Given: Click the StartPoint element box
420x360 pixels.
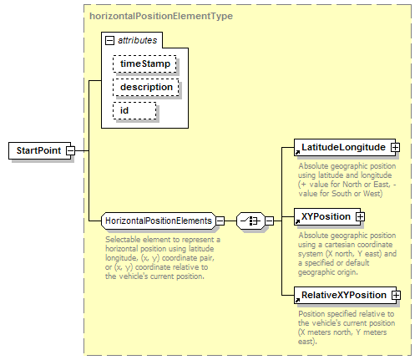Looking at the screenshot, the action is (x=39, y=150).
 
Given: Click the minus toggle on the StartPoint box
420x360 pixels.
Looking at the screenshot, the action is (x=70, y=150).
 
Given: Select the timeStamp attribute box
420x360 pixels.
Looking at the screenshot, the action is (x=144, y=64).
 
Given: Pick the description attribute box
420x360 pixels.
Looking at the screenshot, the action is (x=146, y=88).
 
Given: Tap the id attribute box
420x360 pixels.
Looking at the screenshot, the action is (x=134, y=111).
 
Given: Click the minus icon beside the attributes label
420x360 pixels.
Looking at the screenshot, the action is (x=109, y=41).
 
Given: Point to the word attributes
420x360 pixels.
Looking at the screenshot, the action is (x=138, y=40).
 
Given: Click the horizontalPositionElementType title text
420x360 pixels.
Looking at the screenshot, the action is (x=161, y=16).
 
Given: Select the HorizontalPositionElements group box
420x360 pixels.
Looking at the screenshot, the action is (x=159, y=221).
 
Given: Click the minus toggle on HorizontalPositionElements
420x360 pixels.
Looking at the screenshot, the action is (x=220, y=221).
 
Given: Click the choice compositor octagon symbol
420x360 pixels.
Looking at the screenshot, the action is (x=250, y=221).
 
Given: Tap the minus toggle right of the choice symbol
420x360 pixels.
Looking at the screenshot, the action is (x=270, y=221).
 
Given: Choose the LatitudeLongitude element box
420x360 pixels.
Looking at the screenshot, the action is (x=345, y=147).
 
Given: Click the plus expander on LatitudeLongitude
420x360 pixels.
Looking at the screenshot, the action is (x=395, y=147).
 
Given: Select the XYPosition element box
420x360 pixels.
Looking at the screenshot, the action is (x=327, y=216).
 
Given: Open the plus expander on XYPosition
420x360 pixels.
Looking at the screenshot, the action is (x=360, y=216).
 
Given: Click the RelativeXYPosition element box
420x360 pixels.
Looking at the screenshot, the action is (x=345, y=295).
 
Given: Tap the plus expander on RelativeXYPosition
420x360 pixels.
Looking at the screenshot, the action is (x=396, y=295).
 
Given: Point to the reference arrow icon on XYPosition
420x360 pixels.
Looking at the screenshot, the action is (x=297, y=221).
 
